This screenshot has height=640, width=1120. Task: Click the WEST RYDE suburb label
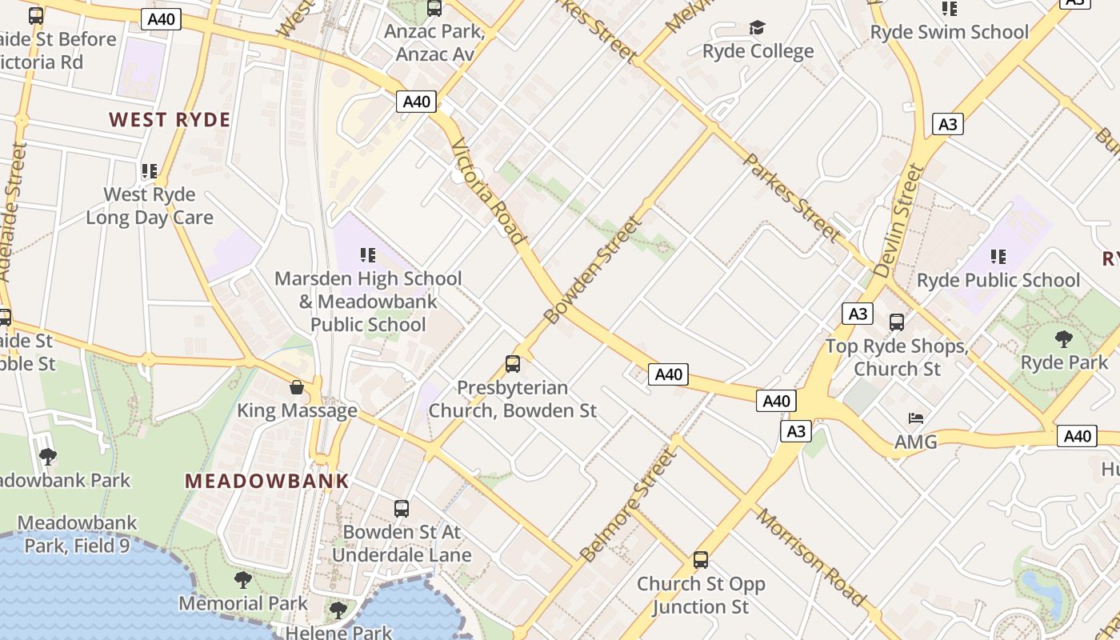pos(170,120)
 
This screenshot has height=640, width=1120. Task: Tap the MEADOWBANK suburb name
pos(267,481)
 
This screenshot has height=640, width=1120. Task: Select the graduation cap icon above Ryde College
pos(757,28)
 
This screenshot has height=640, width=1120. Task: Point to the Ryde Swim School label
pos(949,32)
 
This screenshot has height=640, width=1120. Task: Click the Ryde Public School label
pos(998,280)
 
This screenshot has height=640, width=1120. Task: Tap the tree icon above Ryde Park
pos(1064,339)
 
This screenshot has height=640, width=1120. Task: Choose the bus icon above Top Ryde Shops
pos(897,322)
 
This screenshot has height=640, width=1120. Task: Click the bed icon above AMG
pos(916,418)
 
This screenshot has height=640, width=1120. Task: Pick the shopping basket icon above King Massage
pos(297,387)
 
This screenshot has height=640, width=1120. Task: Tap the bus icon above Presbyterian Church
pos(513,364)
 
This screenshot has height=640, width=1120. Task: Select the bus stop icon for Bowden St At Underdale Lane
pos(402,508)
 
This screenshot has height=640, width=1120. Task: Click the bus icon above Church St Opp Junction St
pos(701,560)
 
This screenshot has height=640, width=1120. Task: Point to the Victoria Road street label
pos(489,191)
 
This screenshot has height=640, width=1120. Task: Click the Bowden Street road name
pos(593,270)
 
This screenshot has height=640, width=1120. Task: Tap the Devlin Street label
pos(899,222)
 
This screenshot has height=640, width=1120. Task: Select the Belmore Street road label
pos(629,505)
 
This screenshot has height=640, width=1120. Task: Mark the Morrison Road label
pos(811,557)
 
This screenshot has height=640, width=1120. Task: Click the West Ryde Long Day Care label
pos(150,206)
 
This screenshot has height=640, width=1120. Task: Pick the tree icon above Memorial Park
pos(243,579)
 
